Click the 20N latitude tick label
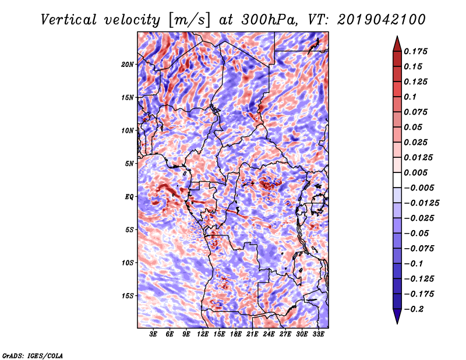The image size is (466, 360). pyautogui.click(x=128, y=65)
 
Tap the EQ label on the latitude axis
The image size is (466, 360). pyautogui.click(x=129, y=197)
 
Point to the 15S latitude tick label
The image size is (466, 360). pyautogui.click(x=128, y=296)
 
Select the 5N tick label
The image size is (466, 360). pyautogui.click(x=129, y=164)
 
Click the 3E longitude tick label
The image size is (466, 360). pyautogui.click(x=153, y=334)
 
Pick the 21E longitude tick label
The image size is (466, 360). pyautogui.click(x=252, y=334)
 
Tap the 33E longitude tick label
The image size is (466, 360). pyautogui.click(x=318, y=334)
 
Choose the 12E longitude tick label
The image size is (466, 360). pyautogui.click(x=202, y=334)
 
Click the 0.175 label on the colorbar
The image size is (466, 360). pyautogui.click(x=415, y=51)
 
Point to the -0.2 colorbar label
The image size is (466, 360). pyautogui.click(x=414, y=309)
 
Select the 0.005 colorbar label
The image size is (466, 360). pyautogui.click(x=415, y=172)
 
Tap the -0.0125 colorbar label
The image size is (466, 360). pyautogui.click(x=421, y=203)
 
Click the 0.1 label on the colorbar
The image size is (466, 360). pyautogui.click(x=410, y=97)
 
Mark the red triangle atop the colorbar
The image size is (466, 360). pyautogui.click(x=397, y=44)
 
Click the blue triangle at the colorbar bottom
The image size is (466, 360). pyautogui.click(x=397, y=316)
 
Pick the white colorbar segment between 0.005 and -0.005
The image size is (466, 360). pyautogui.click(x=397, y=180)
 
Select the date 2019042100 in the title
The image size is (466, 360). pyautogui.click(x=382, y=20)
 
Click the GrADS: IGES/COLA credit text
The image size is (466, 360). pyautogui.click(x=33, y=356)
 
